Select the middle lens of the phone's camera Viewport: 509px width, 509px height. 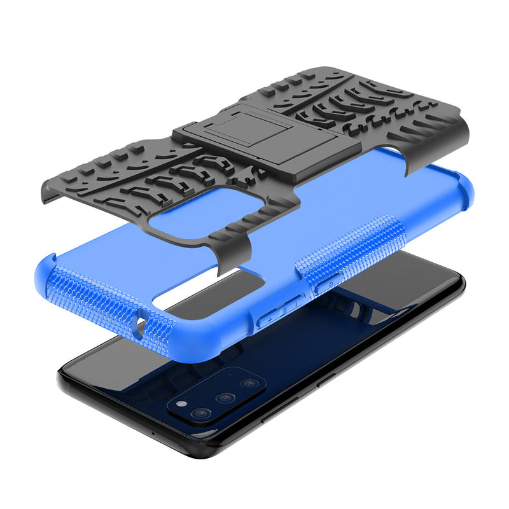click(225, 398)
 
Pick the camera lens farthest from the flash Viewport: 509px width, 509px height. click(249, 384)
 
